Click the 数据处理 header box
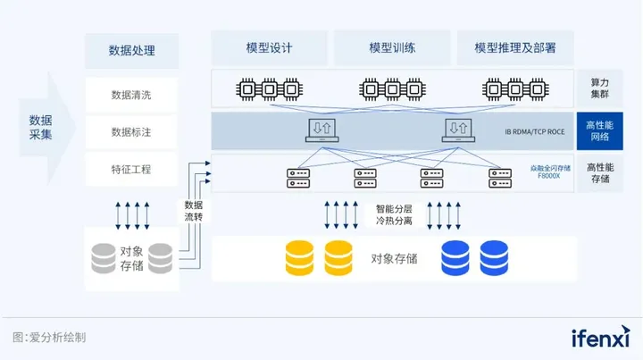click(131, 52)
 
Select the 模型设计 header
click(269, 47)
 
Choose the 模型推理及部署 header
click(515, 47)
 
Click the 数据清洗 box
click(131, 95)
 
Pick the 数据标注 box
click(131, 132)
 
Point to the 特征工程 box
click(131, 169)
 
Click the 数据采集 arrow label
click(40, 127)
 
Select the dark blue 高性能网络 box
click(604, 130)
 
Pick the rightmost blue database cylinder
click(496, 258)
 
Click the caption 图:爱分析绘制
click(50, 338)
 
